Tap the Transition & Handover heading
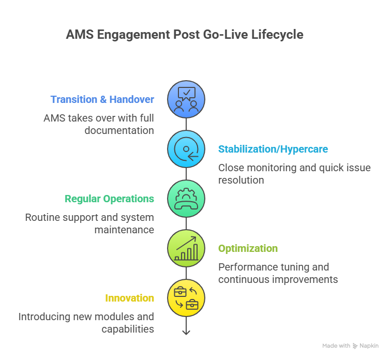tap(102, 99)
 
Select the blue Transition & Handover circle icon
tap(186, 99)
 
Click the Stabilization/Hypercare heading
tap(273, 149)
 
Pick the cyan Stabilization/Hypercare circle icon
tap(186, 149)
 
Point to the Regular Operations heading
tap(109, 199)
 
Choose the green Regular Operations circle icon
tap(186, 199)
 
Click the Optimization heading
tap(248, 248)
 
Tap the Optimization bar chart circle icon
tap(186, 248)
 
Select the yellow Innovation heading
tap(129, 298)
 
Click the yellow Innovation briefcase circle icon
tap(186, 298)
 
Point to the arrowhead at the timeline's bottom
tap(186, 332)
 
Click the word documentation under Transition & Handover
tap(119, 130)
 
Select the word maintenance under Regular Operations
tap(124, 230)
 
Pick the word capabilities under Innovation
tap(127, 329)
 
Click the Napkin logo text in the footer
tap(369, 346)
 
